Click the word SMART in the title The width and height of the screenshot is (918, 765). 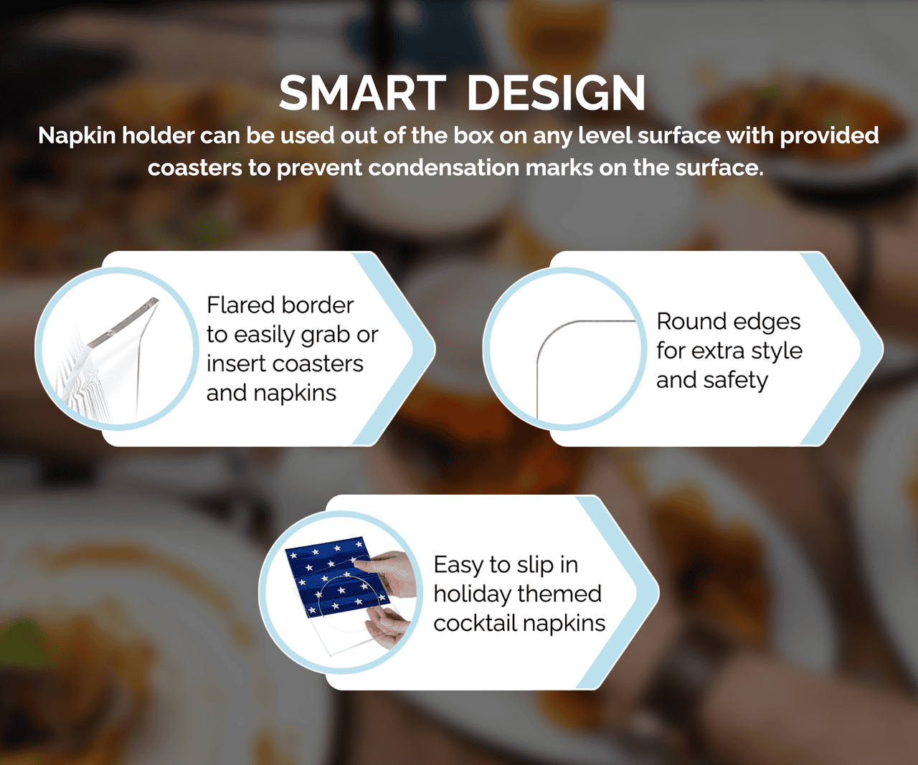pyautogui.click(x=362, y=93)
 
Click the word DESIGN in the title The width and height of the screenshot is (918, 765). pyautogui.click(x=557, y=93)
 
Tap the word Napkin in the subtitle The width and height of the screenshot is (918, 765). pyautogui.click(x=77, y=136)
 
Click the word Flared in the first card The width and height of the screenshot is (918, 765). pyautogui.click(x=239, y=305)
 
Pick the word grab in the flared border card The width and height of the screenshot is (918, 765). pyautogui.click(x=326, y=335)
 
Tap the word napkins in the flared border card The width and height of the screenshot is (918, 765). pyautogui.click(x=294, y=393)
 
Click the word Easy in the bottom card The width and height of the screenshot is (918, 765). pyautogui.click(x=458, y=565)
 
